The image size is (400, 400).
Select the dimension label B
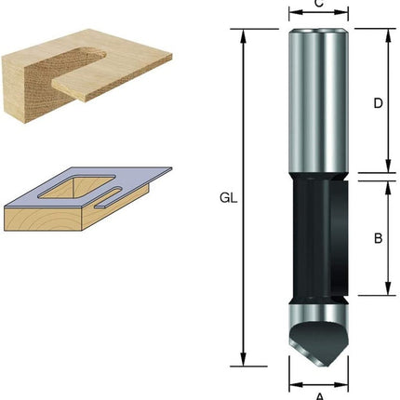click(x=378, y=237)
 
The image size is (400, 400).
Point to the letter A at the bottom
click(x=319, y=395)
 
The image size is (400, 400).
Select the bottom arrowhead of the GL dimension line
click(x=244, y=364)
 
